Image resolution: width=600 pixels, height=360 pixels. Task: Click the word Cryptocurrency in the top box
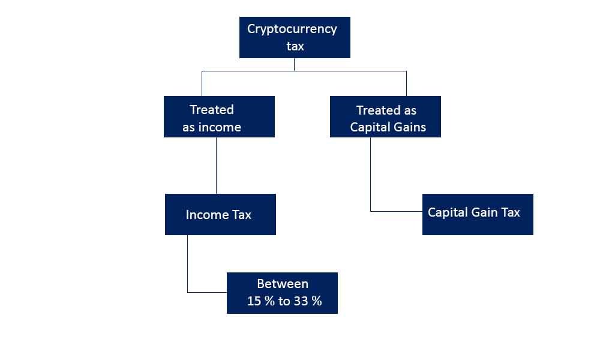click(292, 29)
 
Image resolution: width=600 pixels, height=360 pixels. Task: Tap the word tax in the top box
click(295, 46)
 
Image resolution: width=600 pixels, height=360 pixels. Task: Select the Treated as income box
click(219, 116)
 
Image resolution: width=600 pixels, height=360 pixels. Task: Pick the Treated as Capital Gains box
click(385, 116)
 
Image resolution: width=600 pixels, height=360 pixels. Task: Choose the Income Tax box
click(220, 214)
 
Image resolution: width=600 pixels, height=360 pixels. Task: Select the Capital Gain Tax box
click(478, 214)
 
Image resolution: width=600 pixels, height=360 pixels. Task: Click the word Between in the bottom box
click(283, 284)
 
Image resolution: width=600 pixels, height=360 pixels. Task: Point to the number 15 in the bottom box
click(254, 301)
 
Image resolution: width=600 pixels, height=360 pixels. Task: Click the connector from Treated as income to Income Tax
click(216, 166)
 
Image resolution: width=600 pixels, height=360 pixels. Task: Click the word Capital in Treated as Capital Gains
click(369, 127)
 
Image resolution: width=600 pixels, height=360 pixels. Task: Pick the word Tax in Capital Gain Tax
click(511, 212)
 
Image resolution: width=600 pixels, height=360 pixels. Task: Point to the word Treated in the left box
click(212, 110)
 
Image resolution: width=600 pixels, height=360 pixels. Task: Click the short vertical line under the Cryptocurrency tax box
click(294, 65)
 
